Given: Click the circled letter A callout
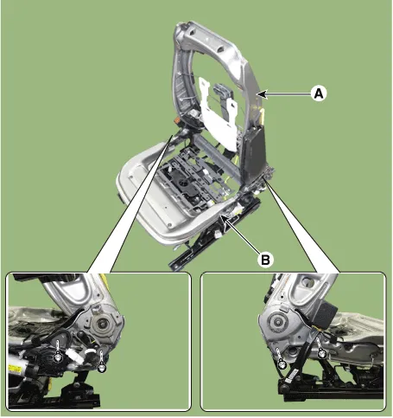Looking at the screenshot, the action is click(x=319, y=93).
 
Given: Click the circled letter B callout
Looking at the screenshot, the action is click(x=265, y=260).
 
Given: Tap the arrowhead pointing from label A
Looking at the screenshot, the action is click(x=262, y=93).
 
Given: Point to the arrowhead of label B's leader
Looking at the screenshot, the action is click(x=225, y=220).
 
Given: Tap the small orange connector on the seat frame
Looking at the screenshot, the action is click(x=177, y=120).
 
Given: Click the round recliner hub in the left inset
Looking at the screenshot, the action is click(x=102, y=324).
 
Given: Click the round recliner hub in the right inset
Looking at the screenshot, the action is click(x=277, y=321).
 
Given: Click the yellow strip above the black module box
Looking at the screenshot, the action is click(x=262, y=116).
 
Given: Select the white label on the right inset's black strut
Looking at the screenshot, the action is click(x=293, y=376).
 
